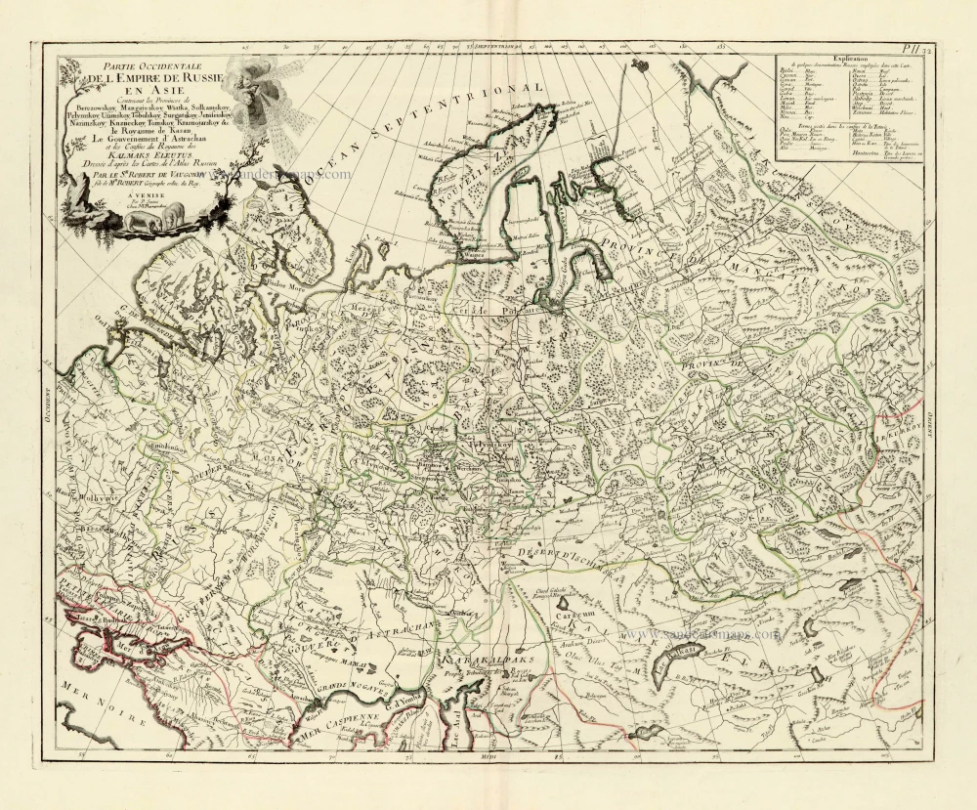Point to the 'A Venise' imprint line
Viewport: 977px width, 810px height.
point(127,195)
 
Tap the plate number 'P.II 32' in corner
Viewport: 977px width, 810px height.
point(914,47)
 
